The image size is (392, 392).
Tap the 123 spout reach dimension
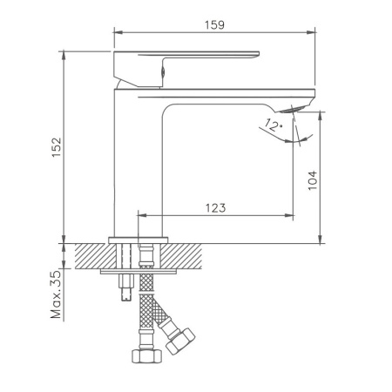[217, 207]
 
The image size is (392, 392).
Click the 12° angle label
[274, 128]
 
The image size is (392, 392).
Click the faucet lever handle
[187, 58]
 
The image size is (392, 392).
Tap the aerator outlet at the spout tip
[301, 106]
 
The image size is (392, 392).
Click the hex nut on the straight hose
[145, 355]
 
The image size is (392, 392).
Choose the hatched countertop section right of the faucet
[189, 255]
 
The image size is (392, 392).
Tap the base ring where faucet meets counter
[139, 240]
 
